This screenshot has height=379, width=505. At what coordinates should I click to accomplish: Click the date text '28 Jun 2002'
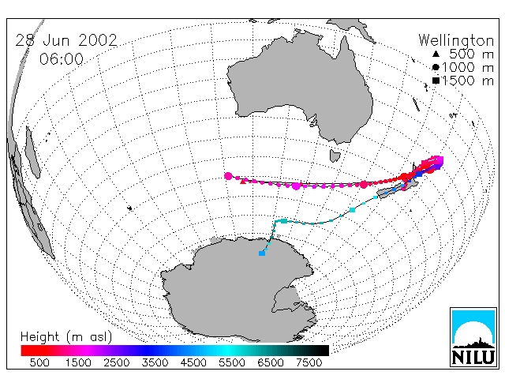(66, 40)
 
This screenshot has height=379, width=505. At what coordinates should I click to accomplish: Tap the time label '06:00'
(62, 59)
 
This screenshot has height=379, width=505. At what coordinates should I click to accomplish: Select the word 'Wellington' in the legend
(456, 40)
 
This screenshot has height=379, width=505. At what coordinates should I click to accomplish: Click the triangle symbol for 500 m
(436, 54)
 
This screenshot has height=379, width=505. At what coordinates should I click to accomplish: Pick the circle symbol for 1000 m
(436, 67)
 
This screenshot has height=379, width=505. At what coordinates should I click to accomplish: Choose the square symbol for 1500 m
(436, 81)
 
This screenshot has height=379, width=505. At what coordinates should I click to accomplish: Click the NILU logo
(473, 337)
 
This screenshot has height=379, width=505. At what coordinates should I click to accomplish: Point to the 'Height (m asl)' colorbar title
(66, 337)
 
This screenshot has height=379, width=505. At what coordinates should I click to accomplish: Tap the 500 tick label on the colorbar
(39, 362)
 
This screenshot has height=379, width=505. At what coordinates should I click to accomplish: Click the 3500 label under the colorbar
(155, 362)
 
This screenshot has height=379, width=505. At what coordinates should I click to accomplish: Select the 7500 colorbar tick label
(309, 362)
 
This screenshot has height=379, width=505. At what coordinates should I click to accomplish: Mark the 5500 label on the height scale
(232, 362)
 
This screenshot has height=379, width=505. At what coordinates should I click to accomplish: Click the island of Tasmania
(335, 156)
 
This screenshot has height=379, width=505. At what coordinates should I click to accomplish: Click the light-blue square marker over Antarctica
(262, 253)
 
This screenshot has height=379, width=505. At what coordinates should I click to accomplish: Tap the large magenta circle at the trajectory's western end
(228, 176)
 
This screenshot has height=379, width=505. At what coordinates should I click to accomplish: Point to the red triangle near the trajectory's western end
(243, 182)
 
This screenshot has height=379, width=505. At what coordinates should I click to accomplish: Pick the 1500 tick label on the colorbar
(78, 362)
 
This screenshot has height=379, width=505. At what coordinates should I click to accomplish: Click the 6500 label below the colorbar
(271, 362)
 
